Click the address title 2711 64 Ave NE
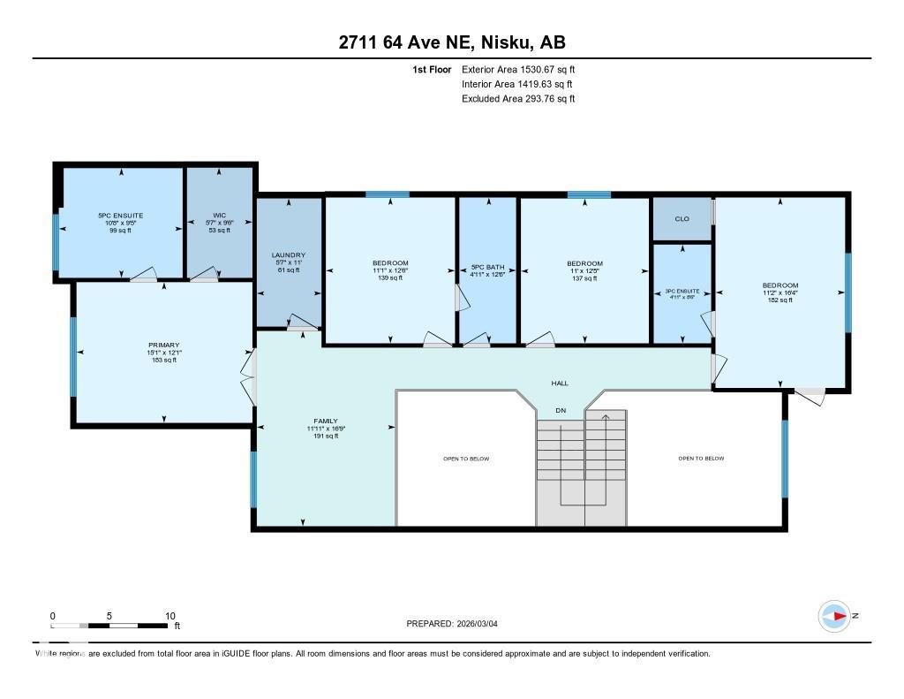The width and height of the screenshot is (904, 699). tap(451, 42)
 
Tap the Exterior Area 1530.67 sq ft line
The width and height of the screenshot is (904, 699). tap(518, 69)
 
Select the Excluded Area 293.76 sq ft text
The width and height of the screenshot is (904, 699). tap(518, 99)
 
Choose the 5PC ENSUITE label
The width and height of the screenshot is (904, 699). tap(120, 216)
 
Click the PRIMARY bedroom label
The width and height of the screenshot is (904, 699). tap(163, 345)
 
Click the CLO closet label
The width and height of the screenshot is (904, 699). tap(682, 218)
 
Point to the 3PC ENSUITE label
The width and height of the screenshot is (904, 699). tap(682, 291)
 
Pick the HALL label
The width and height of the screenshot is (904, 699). tap(560, 384)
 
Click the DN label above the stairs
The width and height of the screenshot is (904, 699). tap(560, 410)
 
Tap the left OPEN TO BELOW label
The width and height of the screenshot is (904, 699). tap(465, 459)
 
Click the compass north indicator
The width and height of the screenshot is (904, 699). tap(835, 616)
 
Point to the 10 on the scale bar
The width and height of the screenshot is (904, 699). tap(170, 616)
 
